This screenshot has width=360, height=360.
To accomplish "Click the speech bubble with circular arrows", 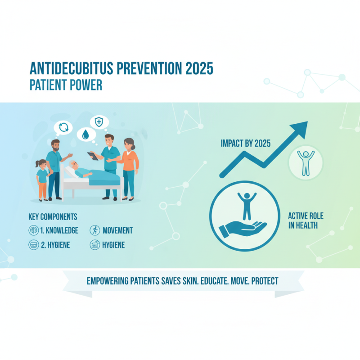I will pyautogui.click(x=63, y=127).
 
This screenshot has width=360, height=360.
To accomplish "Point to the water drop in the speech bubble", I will pyautogui.click(x=85, y=134).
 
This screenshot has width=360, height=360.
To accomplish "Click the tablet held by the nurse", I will pyautogui.click(x=93, y=156).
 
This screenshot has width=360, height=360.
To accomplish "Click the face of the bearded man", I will pyautogui.click(x=55, y=146).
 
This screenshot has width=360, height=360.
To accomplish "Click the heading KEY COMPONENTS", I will pyautogui.click(x=53, y=216).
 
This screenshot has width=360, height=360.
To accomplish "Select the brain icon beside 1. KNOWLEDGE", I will pyautogui.click(x=33, y=230).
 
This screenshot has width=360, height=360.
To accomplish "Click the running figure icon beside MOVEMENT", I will pyautogui.click(x=94, y=230).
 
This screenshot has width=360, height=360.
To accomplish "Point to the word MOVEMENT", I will pyautogui.click(x=117, y=230).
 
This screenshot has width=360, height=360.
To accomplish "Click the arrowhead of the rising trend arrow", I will pyautogui.click(x=301, y=128).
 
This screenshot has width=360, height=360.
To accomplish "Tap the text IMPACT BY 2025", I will pyautogui.click(x=245, y=144).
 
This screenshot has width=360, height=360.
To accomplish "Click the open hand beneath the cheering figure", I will pyautogui.click(x=239, y=228).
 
